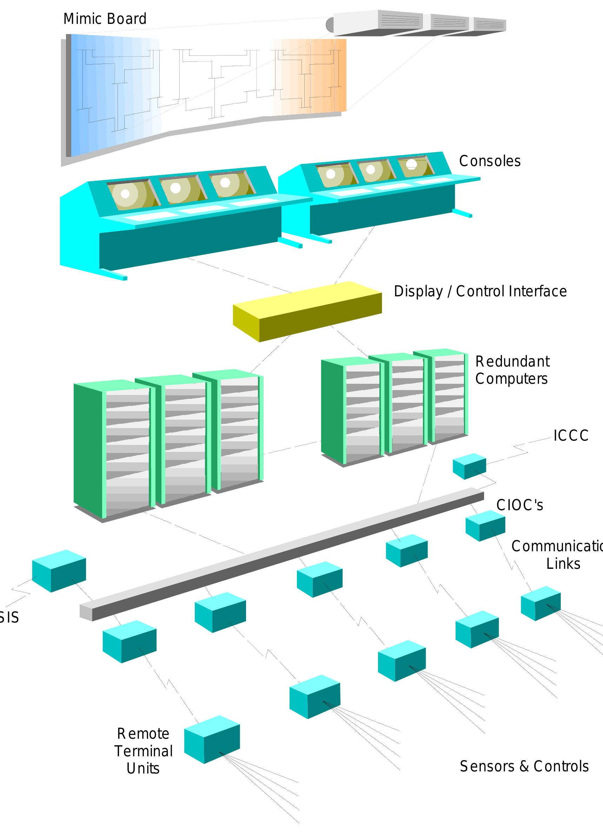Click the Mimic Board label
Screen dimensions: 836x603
pos(105,19)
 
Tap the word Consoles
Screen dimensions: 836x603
pos(490,161)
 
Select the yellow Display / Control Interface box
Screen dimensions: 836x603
pos(307,311)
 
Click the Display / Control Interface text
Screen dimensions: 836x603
pos(480,291)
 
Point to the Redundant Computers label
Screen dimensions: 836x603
pos(512,370)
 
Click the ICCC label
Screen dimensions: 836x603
pos(571,435)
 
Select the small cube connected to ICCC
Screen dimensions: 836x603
pos(469,466)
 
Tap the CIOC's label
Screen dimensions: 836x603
pos(520,505)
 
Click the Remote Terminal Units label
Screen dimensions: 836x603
pos(143,751)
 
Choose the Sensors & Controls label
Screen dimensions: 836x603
pos(524,766)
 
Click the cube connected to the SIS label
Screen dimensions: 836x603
pos(59,571)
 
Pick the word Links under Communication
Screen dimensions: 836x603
pos(563,564)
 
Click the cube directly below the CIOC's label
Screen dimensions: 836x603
pos(485,526)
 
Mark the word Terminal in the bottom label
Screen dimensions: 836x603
pos(143,751)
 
